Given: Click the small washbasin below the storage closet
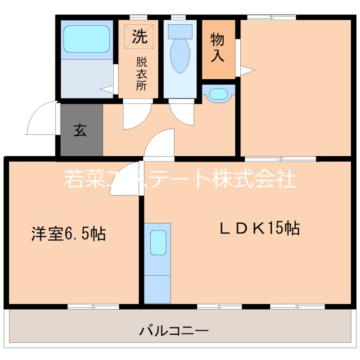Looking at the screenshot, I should click(219, 94).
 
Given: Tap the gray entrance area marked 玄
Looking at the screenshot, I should click(80, 131).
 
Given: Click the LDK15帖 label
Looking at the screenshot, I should click(260, 229).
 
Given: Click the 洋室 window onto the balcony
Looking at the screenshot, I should click(93, 307).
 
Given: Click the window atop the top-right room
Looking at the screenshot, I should click(271, 18).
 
